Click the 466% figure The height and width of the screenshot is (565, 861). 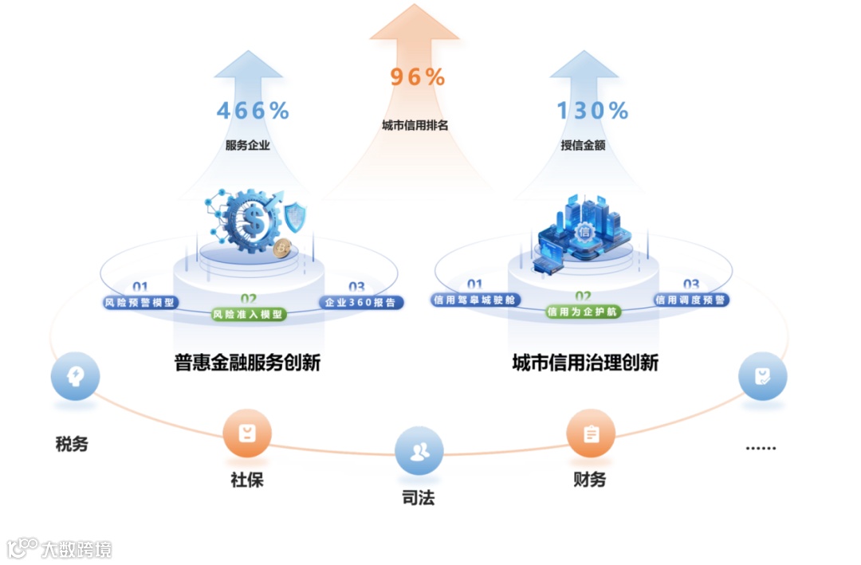pos(253,111)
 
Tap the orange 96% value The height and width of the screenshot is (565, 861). pos(418,77)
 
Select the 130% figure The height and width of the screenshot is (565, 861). pos(592,111)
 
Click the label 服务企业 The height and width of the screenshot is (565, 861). pos(248,146)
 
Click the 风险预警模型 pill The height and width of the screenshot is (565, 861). pos(140,303)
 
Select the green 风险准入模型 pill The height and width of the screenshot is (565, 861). pos(248,314)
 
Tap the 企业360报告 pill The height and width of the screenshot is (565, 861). pos(361,303)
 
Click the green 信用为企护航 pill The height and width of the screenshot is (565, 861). pos(583,312)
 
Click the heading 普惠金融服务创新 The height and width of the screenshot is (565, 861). pos(247,363)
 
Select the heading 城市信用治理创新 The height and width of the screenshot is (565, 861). pos(585,363)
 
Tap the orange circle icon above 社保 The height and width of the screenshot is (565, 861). pos(247,434)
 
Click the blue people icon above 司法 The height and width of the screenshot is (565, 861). pos(419,451)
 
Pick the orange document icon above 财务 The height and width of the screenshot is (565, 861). pos(591,434)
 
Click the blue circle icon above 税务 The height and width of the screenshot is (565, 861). pos(75,375)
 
